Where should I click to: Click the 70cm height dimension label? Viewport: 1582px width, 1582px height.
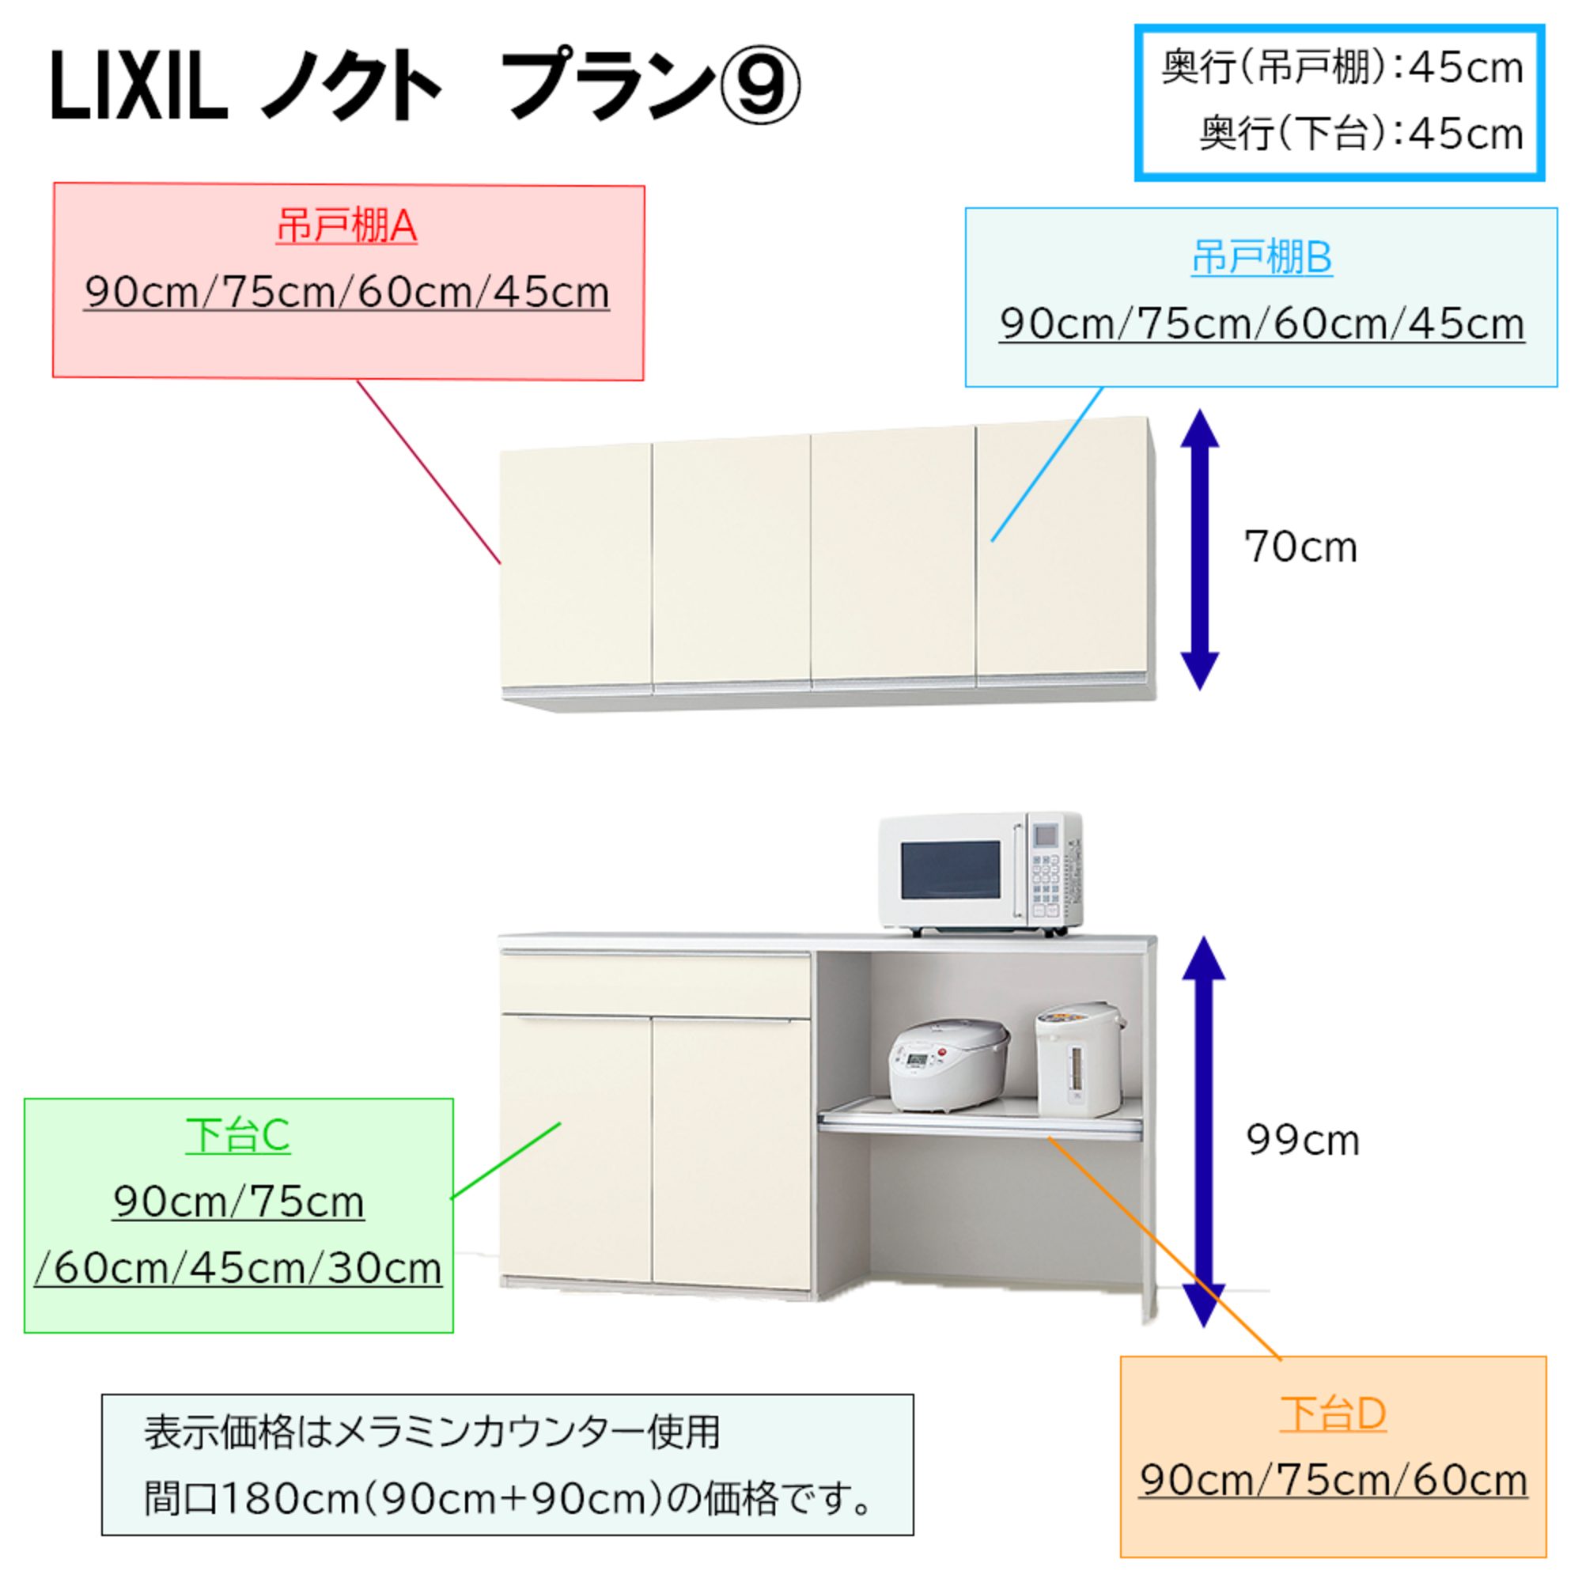click(x=1300, y=547)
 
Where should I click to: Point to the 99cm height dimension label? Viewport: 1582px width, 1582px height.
click(x=1302, y=1140)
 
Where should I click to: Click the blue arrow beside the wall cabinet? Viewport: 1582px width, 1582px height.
click(x=1200, y=550)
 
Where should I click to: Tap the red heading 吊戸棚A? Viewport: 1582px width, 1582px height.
click(x=347, y=227)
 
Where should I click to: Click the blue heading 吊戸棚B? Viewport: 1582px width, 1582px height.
click(x=1261, y=258)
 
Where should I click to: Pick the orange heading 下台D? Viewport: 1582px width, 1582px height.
click(x=1333, y=1414)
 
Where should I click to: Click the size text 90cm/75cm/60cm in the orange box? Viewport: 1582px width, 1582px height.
click(x=1333, y=1481)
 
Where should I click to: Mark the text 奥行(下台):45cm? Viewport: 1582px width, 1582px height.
click(x=1360, y=134)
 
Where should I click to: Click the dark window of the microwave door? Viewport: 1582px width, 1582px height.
click(x=950, y=870)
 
